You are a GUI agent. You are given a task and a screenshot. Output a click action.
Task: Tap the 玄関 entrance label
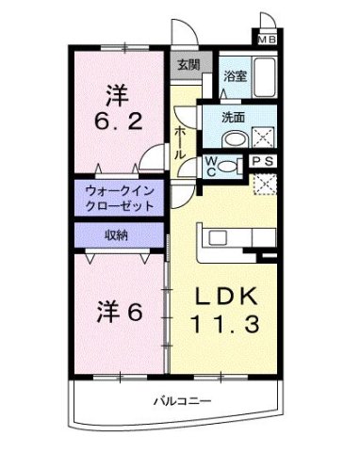[x=188, y=65]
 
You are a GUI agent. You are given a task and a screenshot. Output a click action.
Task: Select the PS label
[x=266, y=162]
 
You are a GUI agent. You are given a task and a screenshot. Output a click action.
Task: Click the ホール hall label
[x=179, y=141]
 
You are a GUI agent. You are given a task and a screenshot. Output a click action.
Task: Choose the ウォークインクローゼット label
[x=118, y=197]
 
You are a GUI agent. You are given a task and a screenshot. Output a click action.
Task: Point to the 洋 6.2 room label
[x=117, y=109]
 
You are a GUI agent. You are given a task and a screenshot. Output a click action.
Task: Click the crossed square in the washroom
[x=266, y=135]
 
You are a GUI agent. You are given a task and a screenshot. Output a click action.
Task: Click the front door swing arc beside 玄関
[x=187, y=35]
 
